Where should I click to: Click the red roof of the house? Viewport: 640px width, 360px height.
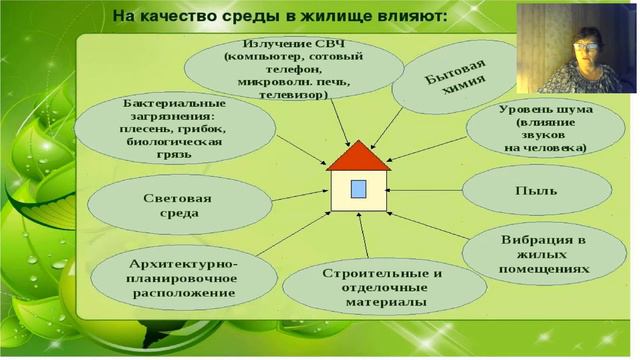pyautogui.click(x=358, y=157)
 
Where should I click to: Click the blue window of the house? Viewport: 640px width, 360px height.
pyautogui.click(x=358, y=189)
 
